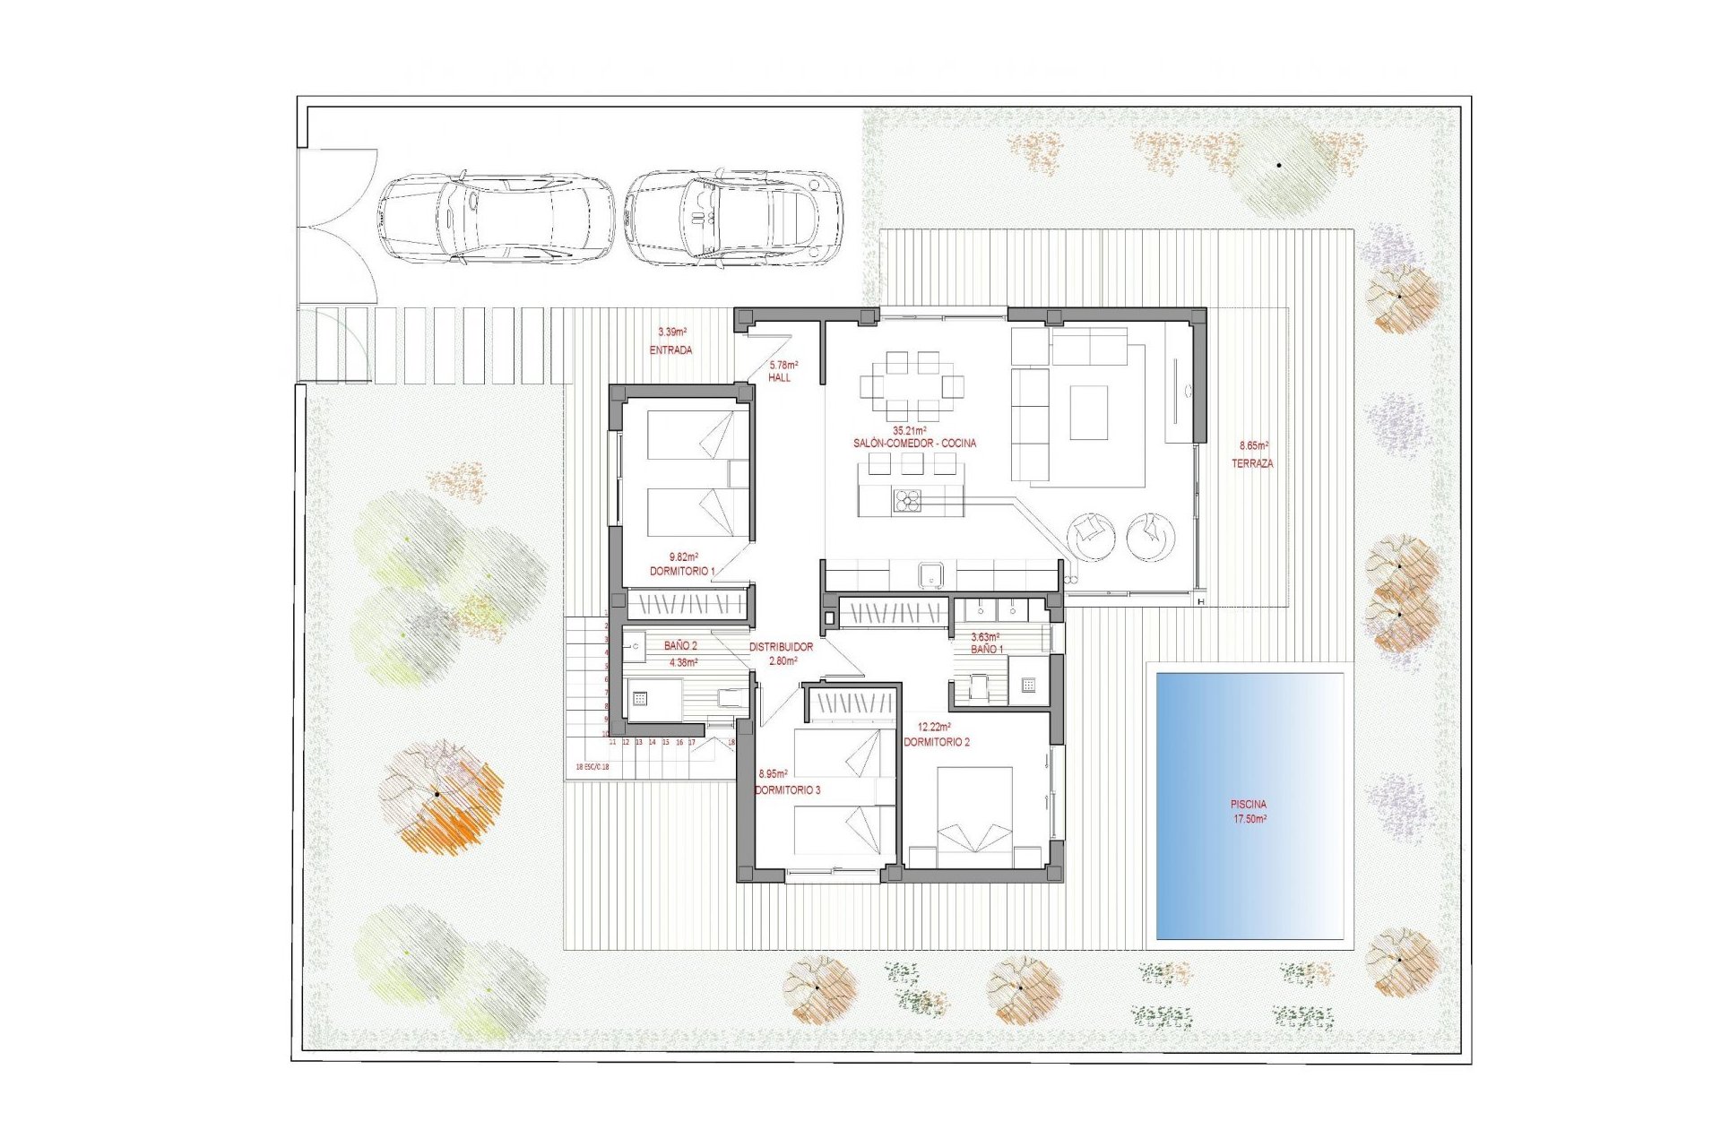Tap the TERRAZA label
coord(1252,464)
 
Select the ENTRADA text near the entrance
coord(670,350)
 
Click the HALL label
coord(780,378)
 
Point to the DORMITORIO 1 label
coord(682,571)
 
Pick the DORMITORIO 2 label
coord(936,742)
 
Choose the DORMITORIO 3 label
coord(787,790)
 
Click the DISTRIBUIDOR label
coord(781,647)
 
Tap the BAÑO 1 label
coord(987,650)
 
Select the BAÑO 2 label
coord(680,645)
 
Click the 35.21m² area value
coord(910,431)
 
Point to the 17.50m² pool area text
coord(1250,819)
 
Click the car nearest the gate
coord(495,220)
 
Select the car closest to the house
coord(733,220)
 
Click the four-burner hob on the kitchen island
coord(906,501)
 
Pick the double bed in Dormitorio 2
coord(975,815)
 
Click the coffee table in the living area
coord(1089,412)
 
